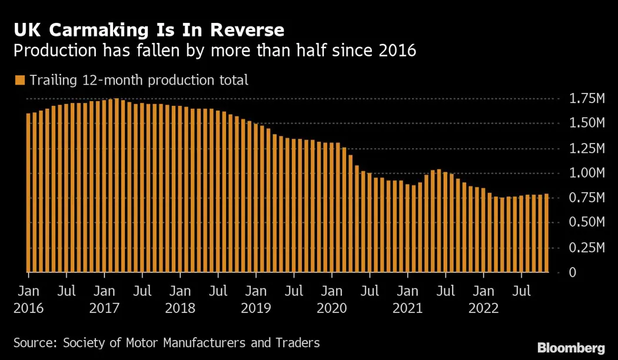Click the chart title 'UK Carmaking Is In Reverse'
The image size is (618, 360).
click(148, 30)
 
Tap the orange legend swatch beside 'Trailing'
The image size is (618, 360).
click(20, 80)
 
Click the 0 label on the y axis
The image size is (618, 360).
click(572, 272)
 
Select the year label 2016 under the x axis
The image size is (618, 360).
click(28, 308)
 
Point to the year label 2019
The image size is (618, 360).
click(255, 308)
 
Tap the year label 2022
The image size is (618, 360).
click(483, 308)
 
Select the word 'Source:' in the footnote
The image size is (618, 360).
click(35, 343)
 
